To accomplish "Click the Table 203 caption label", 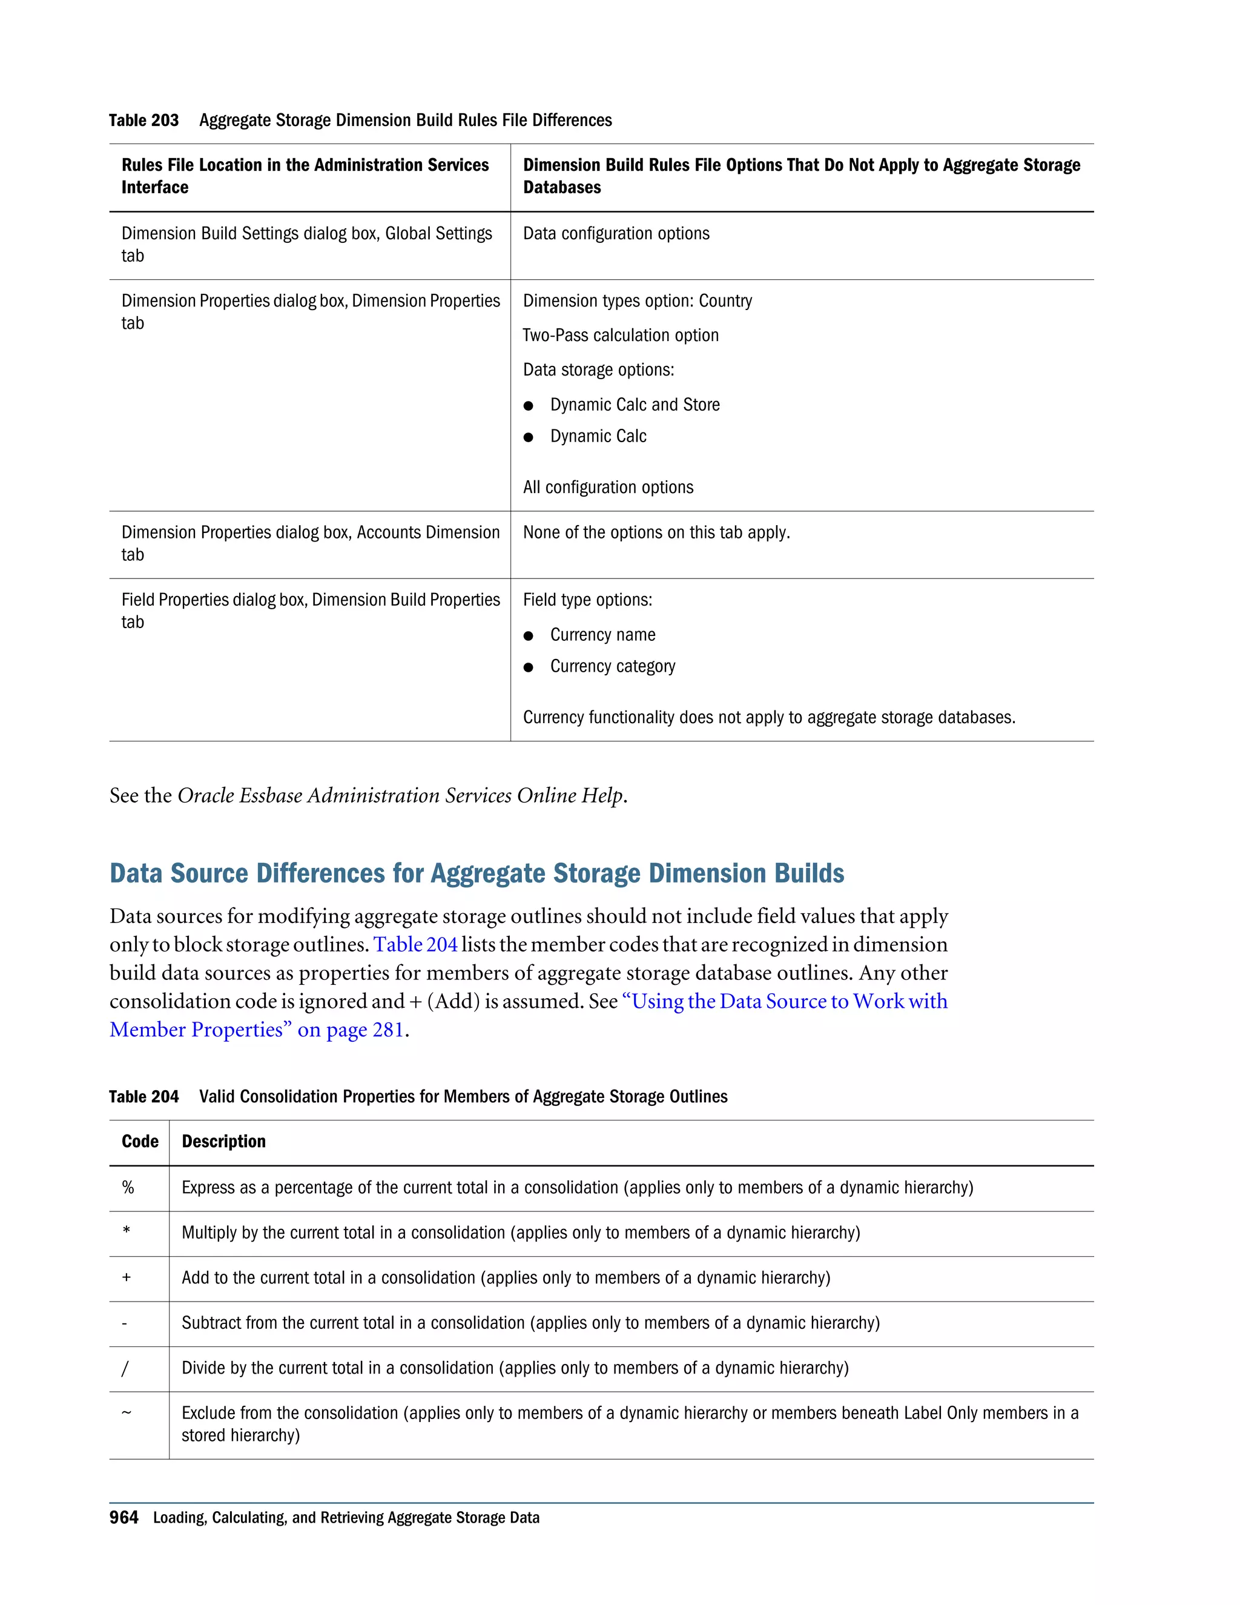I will [x=143, y=121].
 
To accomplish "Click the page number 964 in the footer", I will [x=124, y=1518].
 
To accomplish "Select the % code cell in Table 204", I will [x=128, y=1188].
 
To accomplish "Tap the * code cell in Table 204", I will [x=127, y=1233].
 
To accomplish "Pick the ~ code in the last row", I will [x=127, y=1412].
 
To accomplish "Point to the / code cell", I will [x=125, y=1368].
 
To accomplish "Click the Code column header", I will [x=140, y=1141].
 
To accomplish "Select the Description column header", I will [x=223, y=1141].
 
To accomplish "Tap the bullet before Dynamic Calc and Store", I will [x=528, y=406].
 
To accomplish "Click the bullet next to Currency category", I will [x=528, y=667].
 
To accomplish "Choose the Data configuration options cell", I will [x=616, y=234].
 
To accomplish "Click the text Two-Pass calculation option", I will [x=620, y=336].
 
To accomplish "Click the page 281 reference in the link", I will [x=365, y=1030].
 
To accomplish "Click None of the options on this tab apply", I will [x=656, y=533].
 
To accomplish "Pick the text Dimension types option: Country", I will [x=637, y=301].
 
